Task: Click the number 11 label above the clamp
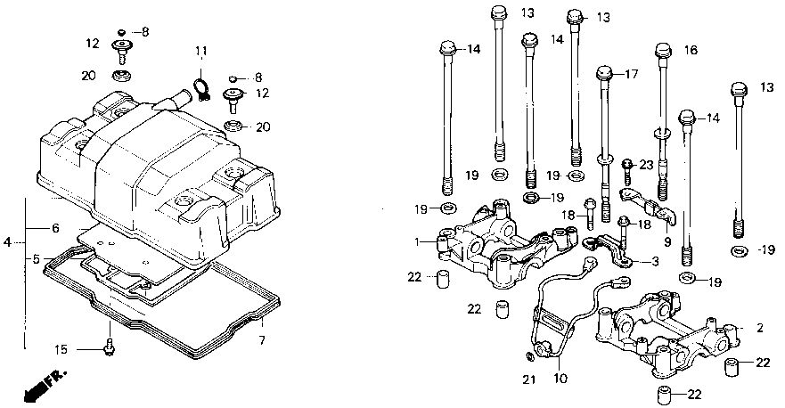tap(200, 50)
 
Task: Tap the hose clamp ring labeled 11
tap(201, 86)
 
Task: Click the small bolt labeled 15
tap(109, 347)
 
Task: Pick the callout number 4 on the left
tap(8, 241)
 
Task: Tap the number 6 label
tap(54, 228)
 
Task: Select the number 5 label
tap(37, 259)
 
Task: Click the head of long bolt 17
tap(605, 73)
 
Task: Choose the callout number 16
tap(690, 51)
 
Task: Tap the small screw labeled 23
tap(626, 164)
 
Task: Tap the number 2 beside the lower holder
tap(760, 328)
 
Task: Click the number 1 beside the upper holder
tap(416, 241)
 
